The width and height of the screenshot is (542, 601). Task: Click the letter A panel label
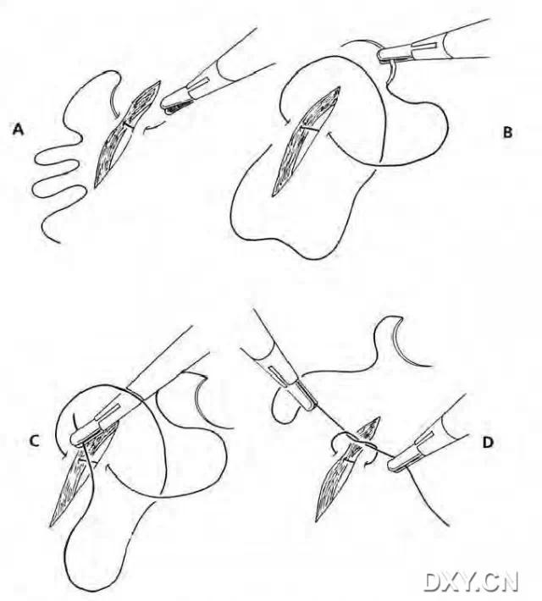18,129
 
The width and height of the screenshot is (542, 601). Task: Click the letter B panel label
507,133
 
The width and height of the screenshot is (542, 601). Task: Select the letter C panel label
34,441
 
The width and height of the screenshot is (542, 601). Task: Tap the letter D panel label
488,443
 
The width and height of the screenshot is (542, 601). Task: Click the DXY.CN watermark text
472,582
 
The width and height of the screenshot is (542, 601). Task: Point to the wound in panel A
125,134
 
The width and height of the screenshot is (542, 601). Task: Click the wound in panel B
306,141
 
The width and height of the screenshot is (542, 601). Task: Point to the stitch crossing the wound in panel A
128,126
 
